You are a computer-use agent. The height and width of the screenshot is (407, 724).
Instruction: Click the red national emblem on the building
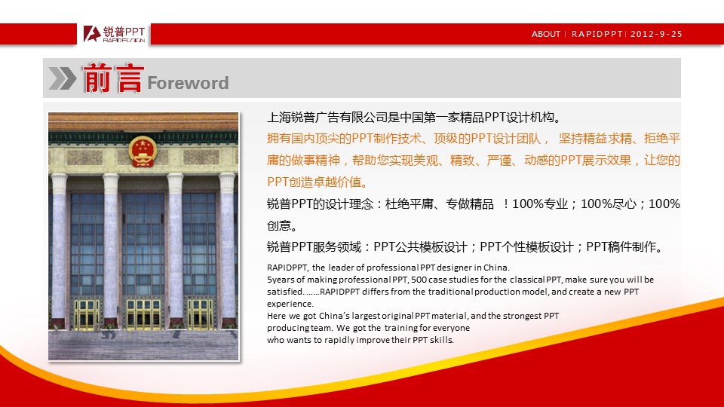(143, 151)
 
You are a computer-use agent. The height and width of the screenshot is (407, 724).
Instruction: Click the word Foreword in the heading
(188, 83)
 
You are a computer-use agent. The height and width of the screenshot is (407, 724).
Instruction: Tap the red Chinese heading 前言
(112, 78)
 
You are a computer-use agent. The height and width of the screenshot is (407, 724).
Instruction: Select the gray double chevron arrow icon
(63, 78)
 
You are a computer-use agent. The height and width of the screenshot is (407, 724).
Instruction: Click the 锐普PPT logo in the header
(114, 34)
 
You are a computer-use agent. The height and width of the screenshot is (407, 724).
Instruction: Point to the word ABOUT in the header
(546, 34)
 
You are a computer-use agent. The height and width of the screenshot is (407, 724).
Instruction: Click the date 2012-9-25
(656, 34)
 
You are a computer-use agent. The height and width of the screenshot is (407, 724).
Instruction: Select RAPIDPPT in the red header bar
(597, 34)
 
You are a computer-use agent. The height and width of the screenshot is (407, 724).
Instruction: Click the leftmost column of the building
(59, 250)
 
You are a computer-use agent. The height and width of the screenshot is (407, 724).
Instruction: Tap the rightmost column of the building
(227, 250)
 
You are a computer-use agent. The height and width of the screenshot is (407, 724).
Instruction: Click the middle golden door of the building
(143, 315)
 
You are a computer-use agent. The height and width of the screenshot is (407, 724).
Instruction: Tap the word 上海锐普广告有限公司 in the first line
(327, 118)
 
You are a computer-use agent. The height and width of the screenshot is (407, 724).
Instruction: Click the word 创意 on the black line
(278, 225)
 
